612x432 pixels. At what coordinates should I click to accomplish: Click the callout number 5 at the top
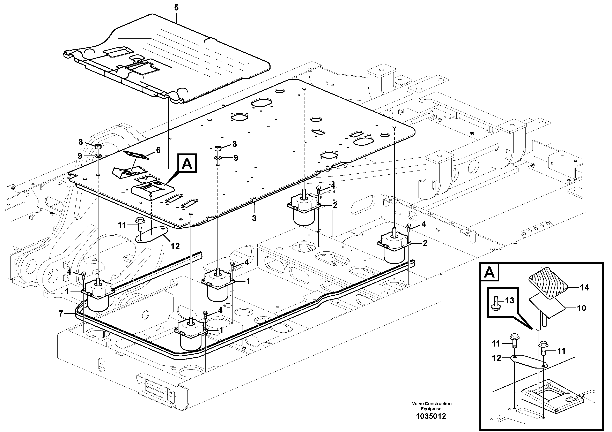coord(176,8)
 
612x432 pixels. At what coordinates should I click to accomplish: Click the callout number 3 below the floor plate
coord(254,218)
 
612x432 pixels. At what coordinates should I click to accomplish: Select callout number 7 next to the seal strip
coord(61,314)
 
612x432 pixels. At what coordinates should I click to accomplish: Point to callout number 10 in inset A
coord(581,308)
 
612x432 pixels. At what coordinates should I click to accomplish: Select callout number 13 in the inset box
coord(510,301)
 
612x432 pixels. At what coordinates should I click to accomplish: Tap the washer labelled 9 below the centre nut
coord(218,158)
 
